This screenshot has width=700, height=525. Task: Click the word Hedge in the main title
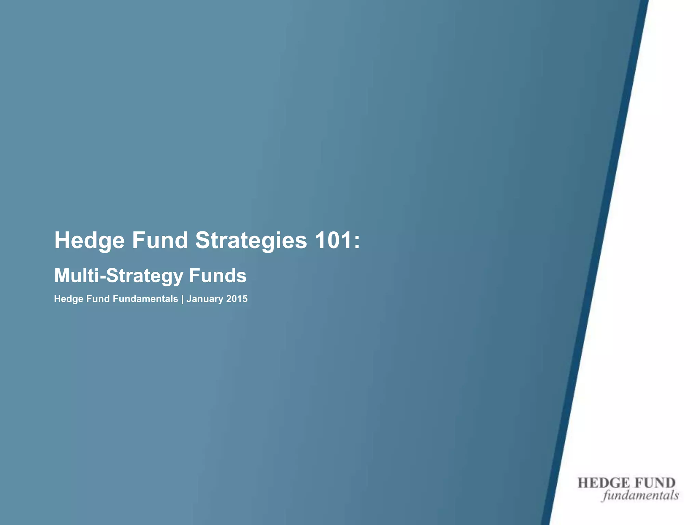click(x=90, y=241)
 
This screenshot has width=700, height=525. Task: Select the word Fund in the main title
click(x=160, y=240)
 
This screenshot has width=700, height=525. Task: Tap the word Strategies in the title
click(x=251, y=241)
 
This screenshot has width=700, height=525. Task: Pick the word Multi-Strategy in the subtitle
click(x=119, y=276)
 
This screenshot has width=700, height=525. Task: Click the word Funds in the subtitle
click(x=217, y=275)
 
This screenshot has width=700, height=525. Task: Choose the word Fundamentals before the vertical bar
click(x=145, y=299)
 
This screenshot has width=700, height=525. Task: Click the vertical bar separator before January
click(x=183, y=299)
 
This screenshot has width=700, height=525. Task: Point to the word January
click(x=205, y=299)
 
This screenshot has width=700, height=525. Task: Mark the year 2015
click(x=237, y=299)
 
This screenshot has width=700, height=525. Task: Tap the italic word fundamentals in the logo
click(x=641, y=495)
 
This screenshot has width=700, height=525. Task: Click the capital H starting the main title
click(x=62, y=240)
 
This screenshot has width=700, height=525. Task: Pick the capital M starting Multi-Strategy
click(x=62, y=275)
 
